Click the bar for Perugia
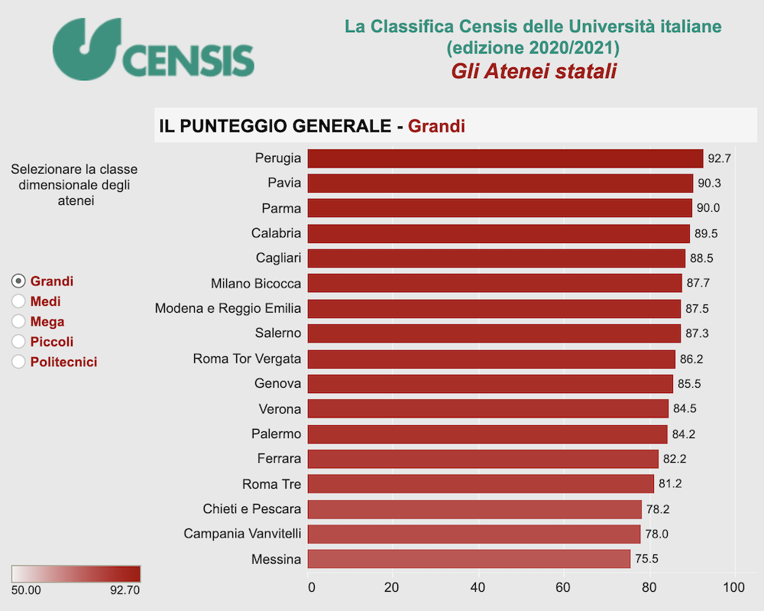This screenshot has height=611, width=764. tap(504, 158)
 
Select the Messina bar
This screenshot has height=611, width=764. tap(468, 559)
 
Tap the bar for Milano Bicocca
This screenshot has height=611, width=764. tap(494, 284)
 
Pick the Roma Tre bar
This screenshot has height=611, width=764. tap(480, 484)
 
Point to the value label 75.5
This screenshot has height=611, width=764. tap(647, 559)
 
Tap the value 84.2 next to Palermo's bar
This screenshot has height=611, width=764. tap(684, 434)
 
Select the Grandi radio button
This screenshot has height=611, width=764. tap(19, 281)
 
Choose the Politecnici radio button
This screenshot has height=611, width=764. tap(19, 362)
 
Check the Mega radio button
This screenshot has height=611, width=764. tap(19, 322)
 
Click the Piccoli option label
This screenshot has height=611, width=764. tap(52, 342)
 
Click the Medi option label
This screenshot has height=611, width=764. tap(46, 301)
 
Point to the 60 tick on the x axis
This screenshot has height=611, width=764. tap(564, 587)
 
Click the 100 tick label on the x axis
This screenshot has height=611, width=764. tap(733, 587)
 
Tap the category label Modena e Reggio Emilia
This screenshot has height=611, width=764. tap(228, 309)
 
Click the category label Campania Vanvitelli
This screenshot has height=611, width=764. tap(242, 534)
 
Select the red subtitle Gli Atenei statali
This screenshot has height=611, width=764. tap(533, 71)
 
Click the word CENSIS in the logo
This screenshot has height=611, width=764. tap(187, 60)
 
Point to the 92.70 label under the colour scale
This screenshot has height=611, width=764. tap(125, 590)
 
